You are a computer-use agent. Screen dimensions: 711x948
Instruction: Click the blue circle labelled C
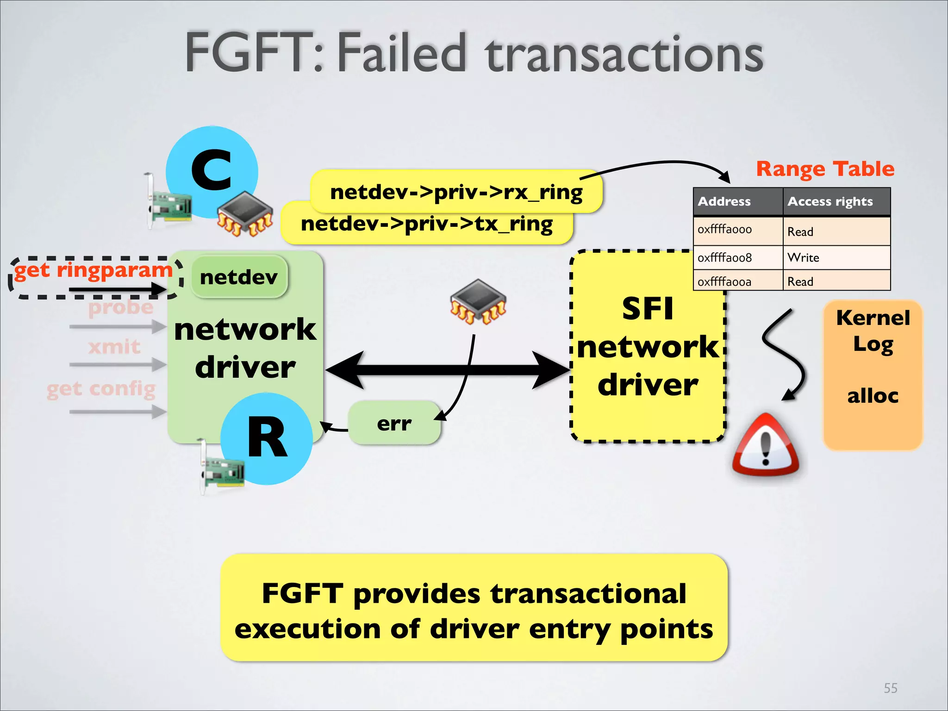click(x=212, y=171)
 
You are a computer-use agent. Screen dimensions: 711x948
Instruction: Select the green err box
click(x=394, y=423)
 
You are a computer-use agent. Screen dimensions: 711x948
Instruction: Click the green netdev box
click(x=239, y=277)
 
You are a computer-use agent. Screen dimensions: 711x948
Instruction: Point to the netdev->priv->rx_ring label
click(x=456, y=192)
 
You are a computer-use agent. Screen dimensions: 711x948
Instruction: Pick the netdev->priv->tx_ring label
click(x=426, y=224)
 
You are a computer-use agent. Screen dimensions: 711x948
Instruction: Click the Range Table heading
click(x=825, y=169)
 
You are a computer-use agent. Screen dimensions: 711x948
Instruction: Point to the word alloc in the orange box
click(x=873, y=396)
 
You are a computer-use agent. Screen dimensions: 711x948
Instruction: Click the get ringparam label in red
click(x=93, y=270)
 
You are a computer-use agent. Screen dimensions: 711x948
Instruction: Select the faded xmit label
click(x=114, y=347)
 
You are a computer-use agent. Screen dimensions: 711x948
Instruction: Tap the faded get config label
click(x=101, y=389)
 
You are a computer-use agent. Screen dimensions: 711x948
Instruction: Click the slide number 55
click(x=890, y=688)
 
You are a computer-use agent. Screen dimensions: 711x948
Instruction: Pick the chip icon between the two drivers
click(x=478, y=302)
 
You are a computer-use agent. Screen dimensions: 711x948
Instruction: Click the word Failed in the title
click(x=401, y=53)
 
